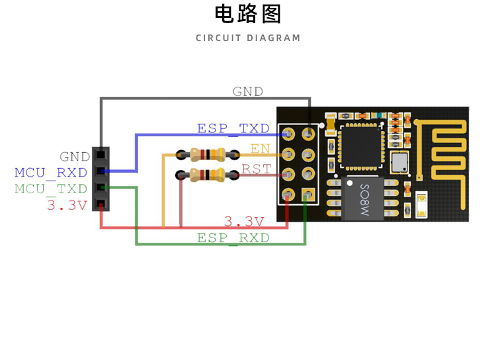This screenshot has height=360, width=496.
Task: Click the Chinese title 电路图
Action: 248,14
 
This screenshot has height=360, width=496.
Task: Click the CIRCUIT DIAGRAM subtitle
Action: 248,38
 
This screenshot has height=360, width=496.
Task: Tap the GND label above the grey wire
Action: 247,92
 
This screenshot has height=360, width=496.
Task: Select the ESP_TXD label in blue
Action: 233,128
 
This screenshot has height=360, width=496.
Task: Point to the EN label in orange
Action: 261,149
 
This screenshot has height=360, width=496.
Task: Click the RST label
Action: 256,169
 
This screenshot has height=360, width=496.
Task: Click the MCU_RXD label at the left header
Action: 51,173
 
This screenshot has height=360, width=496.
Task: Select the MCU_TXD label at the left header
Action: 51,189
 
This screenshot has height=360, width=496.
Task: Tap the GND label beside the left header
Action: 75,157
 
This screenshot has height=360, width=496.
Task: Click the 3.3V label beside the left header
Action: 67,205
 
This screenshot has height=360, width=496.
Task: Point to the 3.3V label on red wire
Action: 244,221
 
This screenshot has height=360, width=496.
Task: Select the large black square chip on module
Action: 361,146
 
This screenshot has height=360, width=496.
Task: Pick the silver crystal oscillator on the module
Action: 399,161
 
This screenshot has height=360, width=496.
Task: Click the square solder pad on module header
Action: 306,195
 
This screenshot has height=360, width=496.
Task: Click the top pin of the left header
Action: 101,155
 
